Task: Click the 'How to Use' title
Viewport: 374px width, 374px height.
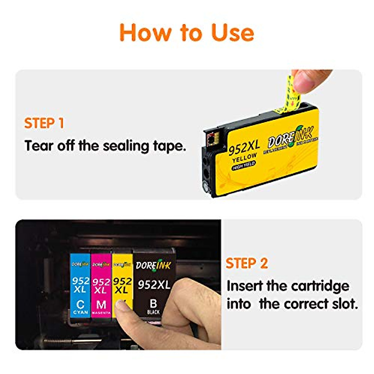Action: click(x=187, y=32)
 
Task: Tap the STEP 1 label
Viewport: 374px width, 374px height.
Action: click(x=44, y=123)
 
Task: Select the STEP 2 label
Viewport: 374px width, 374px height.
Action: click(x=247, y=263)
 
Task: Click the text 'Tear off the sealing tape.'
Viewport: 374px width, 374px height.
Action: click(x=105, y=146)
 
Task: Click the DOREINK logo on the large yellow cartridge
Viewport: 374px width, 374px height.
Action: click(x=290, y=138)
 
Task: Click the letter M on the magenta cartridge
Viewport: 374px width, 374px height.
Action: click(x=101, y=304)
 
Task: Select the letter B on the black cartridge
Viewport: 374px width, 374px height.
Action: click(x=153, y=303)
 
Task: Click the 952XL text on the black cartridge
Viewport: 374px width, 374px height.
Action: click(x=154, y=285)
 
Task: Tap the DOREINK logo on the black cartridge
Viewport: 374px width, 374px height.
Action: click(x=153, y=265)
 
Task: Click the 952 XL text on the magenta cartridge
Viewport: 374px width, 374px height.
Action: click(x=101, y=286)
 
